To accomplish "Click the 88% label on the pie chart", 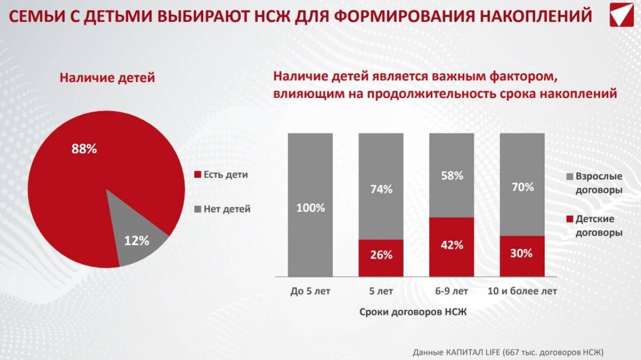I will [84, 149].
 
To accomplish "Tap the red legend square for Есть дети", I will [197, 175].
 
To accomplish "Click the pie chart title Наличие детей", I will [107, 78].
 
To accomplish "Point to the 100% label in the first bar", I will [310, 208].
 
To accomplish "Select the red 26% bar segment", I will [381, 257].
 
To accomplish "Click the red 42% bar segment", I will [451, 247].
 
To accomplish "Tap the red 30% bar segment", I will [522, 256].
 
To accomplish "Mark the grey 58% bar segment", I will [451, 175].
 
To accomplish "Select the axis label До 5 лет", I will [310, 291].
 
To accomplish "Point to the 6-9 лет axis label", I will [451, 291].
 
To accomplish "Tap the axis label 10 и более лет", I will [522, 291].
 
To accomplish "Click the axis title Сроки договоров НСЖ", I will [413, 312].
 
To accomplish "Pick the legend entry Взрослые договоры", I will [595, 183].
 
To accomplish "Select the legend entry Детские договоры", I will [595, 226].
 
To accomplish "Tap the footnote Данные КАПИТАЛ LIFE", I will [507, 352].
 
